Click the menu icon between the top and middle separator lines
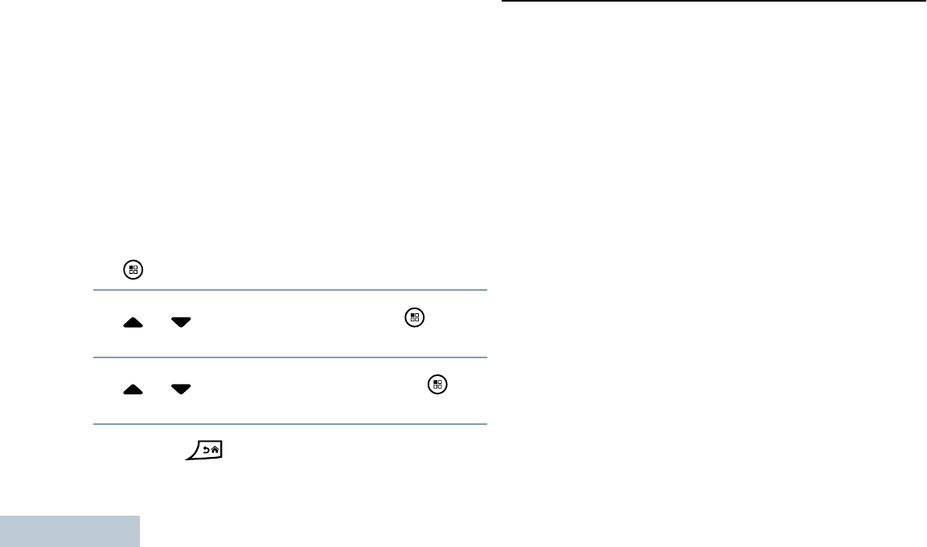pyautogui.click(x=415, y=318)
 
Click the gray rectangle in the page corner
pyautogui.click(x=69, y=531)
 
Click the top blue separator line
pyautogui.click(x=290, y=291)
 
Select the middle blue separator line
pyautogui.click(x=290, y=357)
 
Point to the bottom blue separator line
pyautogui.click(x=290, y=424)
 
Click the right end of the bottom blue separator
pyautogui.click(x=486, y=424)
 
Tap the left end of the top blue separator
pyautogui.click(x=95, y=291)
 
